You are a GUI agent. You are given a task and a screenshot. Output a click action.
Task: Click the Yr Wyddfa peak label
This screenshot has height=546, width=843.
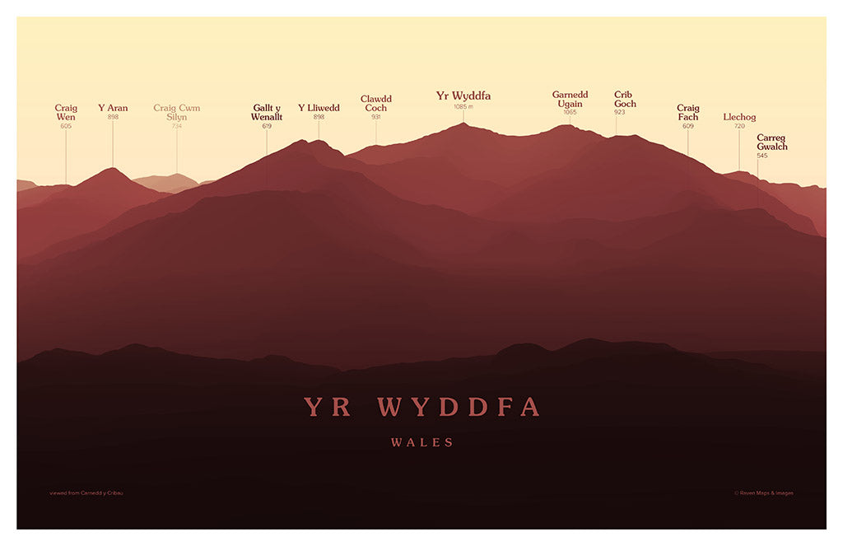[x=463, y=96]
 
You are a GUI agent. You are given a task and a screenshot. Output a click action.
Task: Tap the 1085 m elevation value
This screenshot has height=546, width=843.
[x=463, y=107]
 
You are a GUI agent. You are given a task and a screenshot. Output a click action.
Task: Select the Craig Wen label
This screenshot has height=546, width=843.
[x=66, y=112]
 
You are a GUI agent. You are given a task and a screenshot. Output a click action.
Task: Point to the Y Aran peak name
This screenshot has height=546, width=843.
[x=113, y=108]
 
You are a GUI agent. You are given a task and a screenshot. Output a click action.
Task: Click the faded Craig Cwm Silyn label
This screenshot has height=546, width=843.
[x=176, y=112]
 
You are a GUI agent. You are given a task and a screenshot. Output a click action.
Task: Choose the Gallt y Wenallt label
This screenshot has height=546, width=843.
[x=267, y=112]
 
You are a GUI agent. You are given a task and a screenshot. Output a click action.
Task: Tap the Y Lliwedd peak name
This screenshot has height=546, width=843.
[x=319, y=108]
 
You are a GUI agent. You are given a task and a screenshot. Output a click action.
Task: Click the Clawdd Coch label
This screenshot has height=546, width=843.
[x=375, y=103]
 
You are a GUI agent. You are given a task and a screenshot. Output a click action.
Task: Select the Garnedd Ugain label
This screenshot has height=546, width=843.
[x=570, y=99]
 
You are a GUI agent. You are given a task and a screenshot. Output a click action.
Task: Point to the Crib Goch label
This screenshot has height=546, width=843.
[x=625, y=99]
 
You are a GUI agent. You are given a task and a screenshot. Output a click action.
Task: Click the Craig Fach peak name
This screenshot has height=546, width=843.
[x=687, y=112]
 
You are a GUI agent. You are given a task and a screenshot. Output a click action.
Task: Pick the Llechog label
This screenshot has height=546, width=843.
[x=739, y=117]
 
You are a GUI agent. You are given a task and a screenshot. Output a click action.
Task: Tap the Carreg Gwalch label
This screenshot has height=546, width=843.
[x=772, y=142]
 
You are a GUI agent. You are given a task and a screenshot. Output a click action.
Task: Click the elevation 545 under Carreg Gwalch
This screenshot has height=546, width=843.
[x=762, y=156]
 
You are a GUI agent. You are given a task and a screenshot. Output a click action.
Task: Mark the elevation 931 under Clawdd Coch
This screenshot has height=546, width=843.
[x=375, y=117]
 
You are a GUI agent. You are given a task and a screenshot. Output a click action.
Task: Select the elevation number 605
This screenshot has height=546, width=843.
[x=66, y=126]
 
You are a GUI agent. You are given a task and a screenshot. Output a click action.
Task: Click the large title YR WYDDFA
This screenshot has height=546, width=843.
[x=421, y=407]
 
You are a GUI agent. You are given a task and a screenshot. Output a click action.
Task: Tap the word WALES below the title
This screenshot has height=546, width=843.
[x=421, y=443]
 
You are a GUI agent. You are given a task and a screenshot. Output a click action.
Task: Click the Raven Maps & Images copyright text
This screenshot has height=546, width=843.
[x=764, y=493]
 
